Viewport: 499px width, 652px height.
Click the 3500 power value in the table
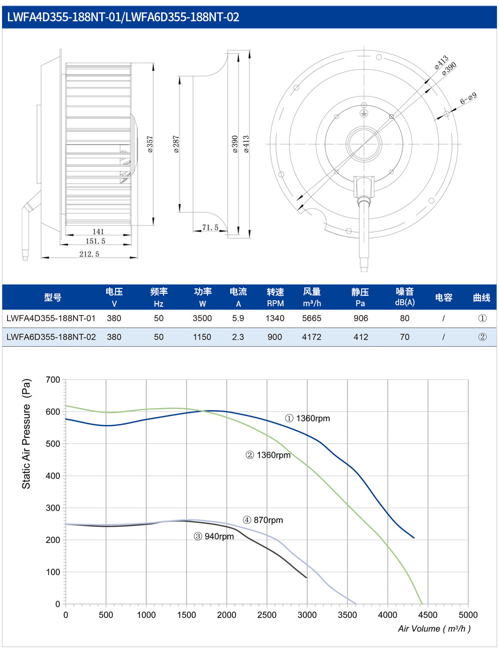click(x=202, y=318)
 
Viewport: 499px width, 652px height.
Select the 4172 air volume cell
click(x=311, y=337)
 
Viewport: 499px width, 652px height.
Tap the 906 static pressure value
click(x=361, y=318)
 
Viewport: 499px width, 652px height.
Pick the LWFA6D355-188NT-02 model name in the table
click(x=51, y=337)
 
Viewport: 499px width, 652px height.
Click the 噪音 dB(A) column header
click(x=405, y=297)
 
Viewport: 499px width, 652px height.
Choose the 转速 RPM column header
click(x=275, y=297)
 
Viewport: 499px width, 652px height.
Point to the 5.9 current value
click(x=238, y=318)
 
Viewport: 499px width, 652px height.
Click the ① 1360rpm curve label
click(x=307, y=419)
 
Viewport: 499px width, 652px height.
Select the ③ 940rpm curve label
click(x=214, y=536)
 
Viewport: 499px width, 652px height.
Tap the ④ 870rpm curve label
click(x=263, y=520)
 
